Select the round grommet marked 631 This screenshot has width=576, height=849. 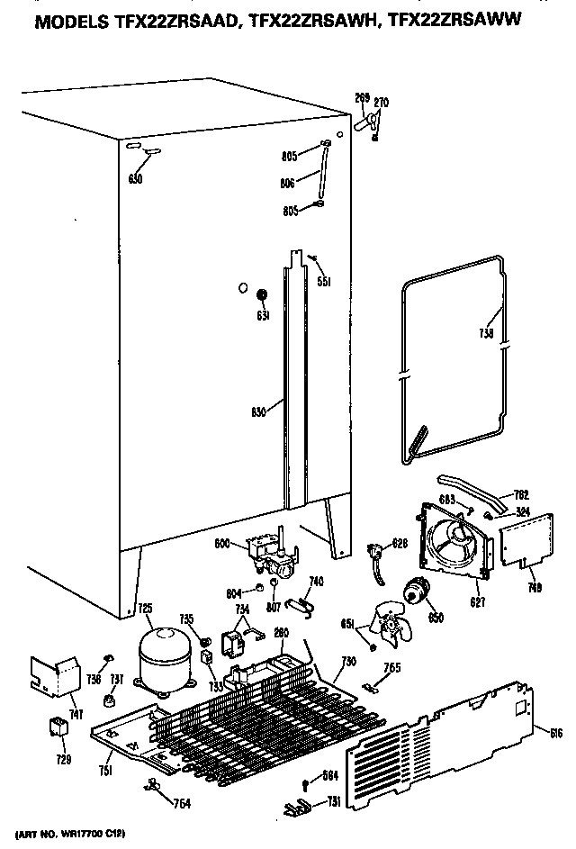(262, 296)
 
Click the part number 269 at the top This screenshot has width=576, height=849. (362, 99)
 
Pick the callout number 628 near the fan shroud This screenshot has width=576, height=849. (400, 542)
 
